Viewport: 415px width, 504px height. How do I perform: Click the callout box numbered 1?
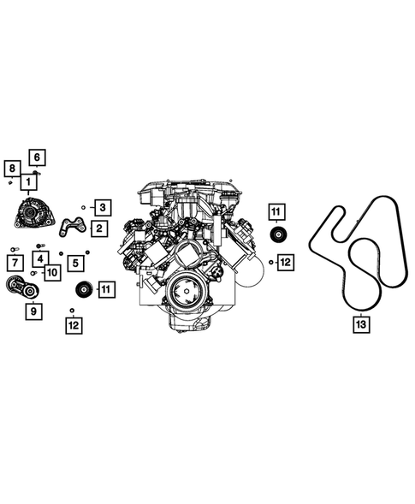point(28,181)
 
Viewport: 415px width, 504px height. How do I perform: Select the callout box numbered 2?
point(100,228)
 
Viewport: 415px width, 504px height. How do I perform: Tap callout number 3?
point(101,206)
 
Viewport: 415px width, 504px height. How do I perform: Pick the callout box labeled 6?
point(37,157)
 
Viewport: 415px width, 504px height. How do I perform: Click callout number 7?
point(15,262)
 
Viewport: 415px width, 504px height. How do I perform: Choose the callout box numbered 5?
point(76,262)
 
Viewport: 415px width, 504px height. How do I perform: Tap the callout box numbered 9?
point(34,311)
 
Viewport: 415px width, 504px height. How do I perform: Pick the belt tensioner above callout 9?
point(24,289)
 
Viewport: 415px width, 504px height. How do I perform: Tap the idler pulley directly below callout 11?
point(277,236)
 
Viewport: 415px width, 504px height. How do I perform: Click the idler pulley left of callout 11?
point(84,289)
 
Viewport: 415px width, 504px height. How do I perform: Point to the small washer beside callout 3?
point(83,206)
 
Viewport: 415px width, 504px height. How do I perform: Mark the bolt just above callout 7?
point(13,249)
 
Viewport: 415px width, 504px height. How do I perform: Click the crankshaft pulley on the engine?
point(182,295)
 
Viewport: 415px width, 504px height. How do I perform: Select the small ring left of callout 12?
point(270,261)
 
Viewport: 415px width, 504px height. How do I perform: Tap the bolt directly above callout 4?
point(39,246)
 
